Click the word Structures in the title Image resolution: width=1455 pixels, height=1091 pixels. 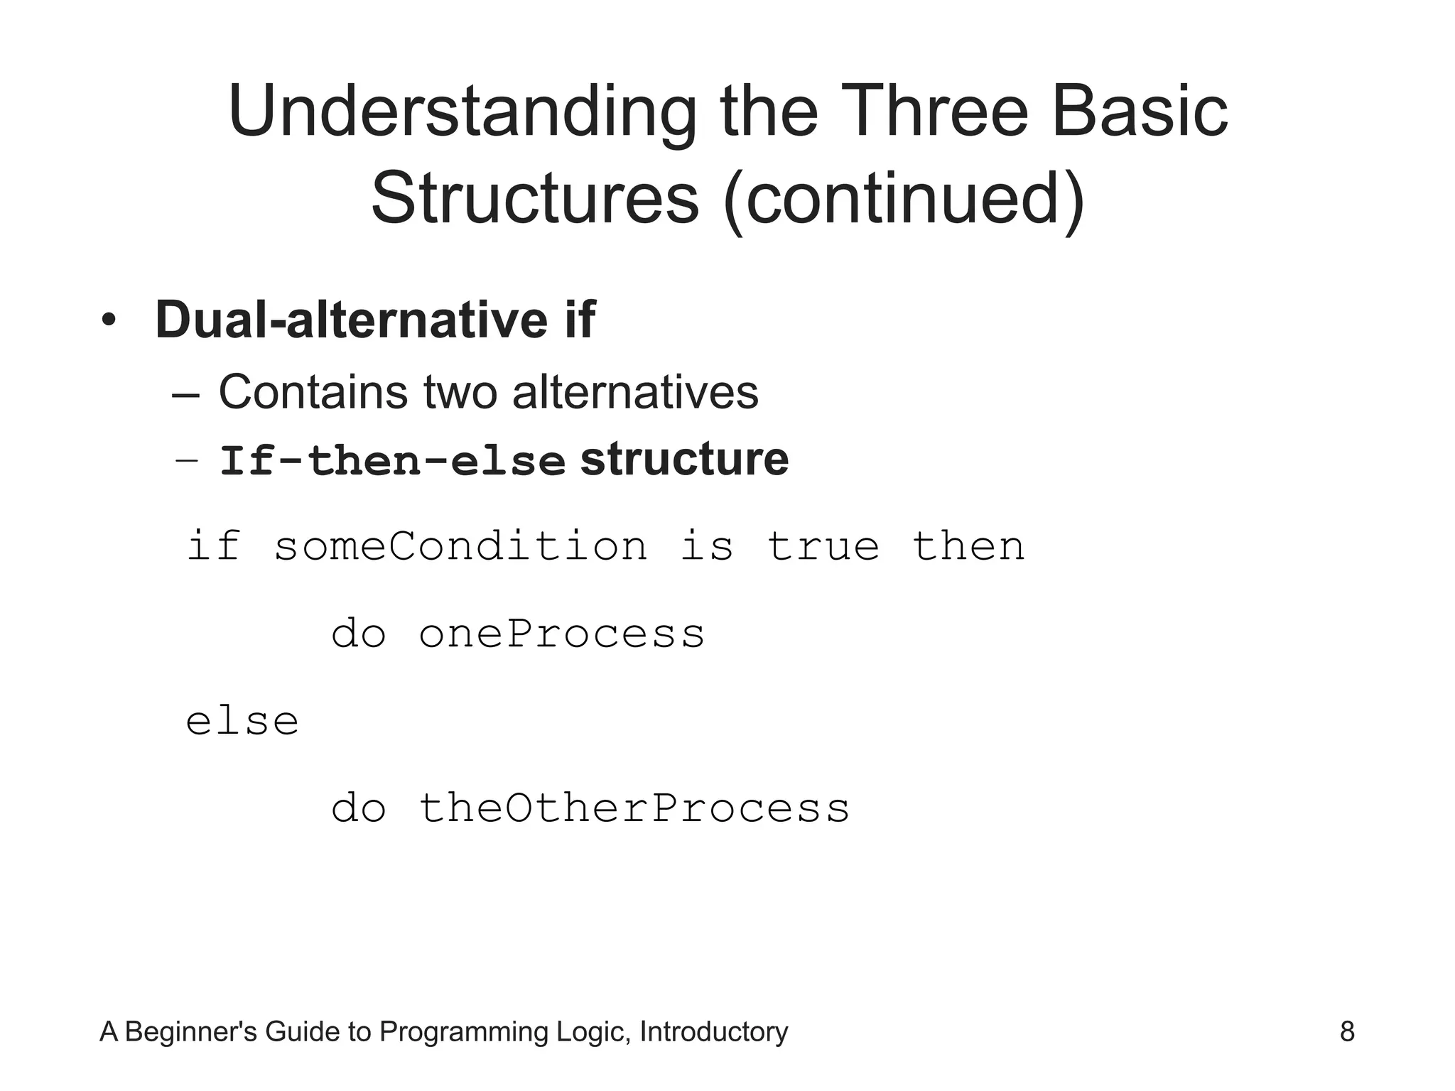(534, 199)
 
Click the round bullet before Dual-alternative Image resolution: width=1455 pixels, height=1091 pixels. (108, 321)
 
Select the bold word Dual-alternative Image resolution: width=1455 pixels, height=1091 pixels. (351, 320)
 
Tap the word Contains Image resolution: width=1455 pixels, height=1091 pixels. (313, 392)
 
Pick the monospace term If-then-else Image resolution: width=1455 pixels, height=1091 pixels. (392, 461)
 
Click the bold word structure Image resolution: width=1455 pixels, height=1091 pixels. (684, 460)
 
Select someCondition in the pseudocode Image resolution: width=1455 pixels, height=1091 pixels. (460, 546)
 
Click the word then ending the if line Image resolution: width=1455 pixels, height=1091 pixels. (968, 546)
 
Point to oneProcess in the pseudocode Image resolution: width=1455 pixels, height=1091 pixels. (561, 634)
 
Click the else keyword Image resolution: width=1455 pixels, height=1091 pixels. (242, 722)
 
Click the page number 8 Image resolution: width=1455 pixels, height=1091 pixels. (1346, 1031)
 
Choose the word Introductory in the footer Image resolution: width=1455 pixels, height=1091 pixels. (713, 1031)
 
